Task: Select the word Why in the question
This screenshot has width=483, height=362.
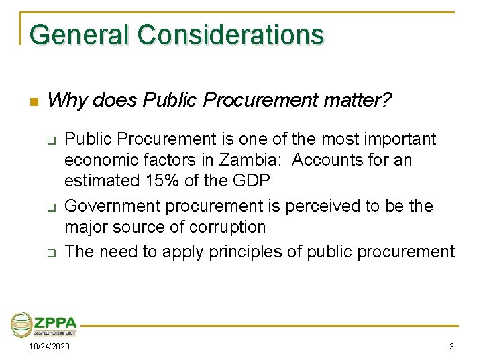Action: click(68, 101)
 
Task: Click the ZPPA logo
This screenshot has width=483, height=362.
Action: click(44, 324)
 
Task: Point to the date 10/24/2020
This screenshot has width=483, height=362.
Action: click(48, 347)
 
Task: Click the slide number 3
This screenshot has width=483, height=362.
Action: click(451, 347)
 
